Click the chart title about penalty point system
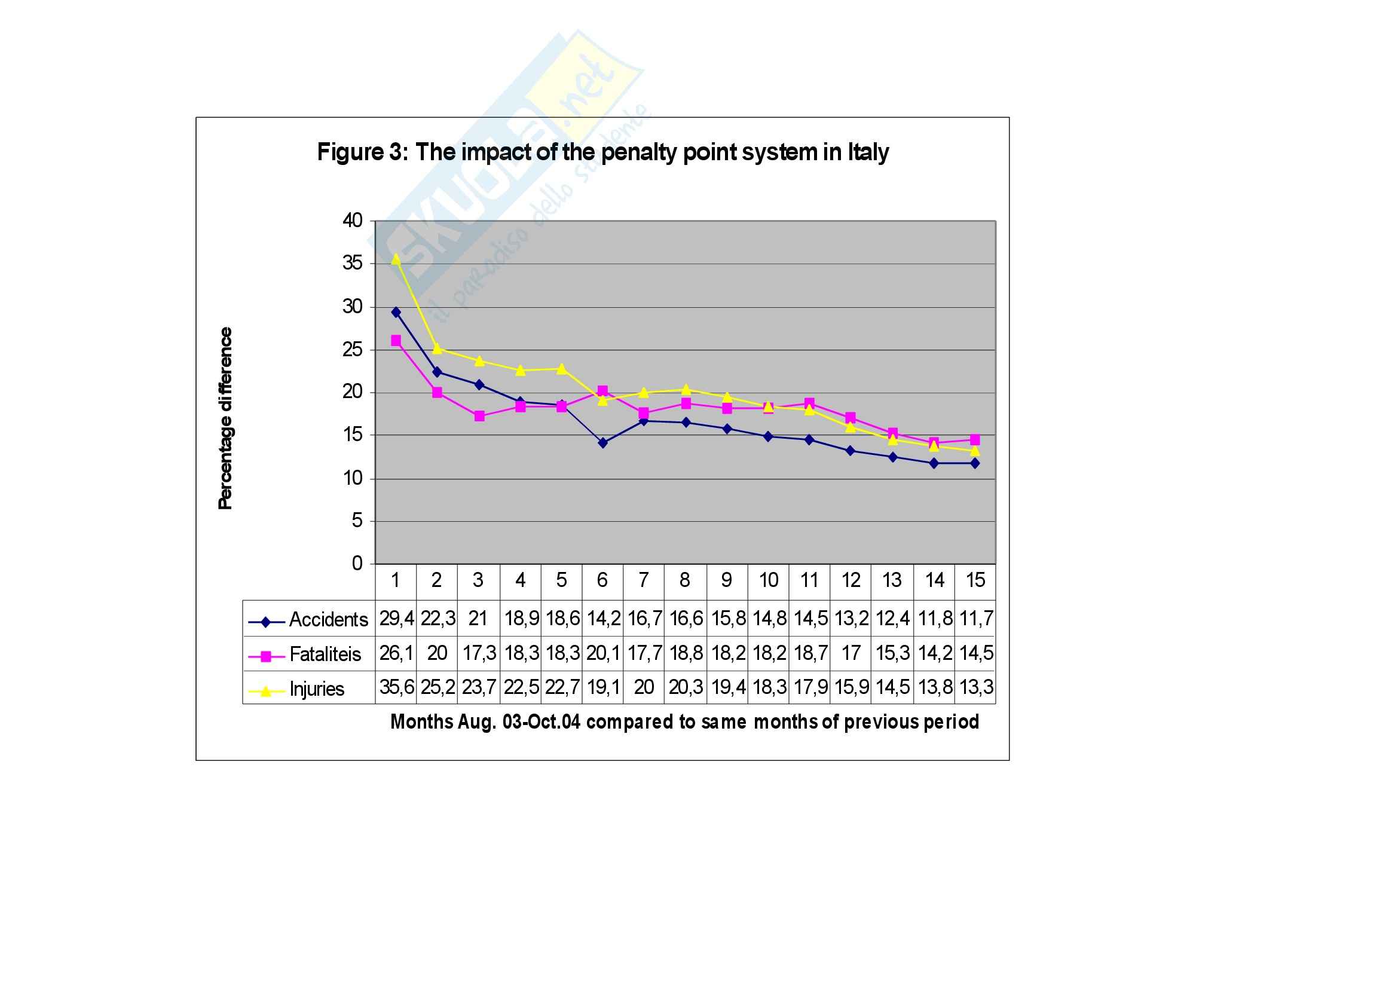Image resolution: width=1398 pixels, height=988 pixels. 602,152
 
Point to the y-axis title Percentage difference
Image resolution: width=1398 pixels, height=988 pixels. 225,418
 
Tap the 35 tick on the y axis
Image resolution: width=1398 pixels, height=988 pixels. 353,264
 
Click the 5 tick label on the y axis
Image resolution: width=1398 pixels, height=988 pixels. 357,521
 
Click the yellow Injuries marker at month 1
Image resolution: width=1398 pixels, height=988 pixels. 396,259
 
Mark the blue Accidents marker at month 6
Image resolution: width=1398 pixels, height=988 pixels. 603,443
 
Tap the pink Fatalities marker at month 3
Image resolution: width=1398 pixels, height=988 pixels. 479,417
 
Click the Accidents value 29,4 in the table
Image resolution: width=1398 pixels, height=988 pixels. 396,619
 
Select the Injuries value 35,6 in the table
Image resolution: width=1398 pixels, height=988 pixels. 396,688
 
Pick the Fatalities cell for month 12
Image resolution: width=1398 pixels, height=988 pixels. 851,654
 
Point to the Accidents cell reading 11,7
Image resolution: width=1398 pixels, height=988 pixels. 976,619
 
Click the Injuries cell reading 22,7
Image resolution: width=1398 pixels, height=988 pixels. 561,688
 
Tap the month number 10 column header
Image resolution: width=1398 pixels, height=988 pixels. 769,581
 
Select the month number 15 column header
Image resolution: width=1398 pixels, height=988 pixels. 975,581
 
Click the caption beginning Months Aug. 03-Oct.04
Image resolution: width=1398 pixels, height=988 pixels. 684,722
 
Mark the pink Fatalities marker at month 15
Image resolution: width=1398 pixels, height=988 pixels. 975,439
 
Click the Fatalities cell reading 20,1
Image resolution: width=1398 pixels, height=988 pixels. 603,654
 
